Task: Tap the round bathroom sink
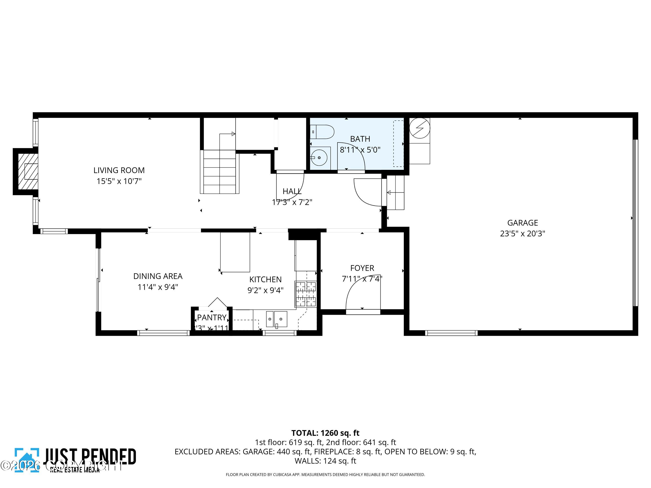point(319,158)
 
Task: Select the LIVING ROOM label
point(119,170)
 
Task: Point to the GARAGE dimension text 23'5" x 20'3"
point(522,234)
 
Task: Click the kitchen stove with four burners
point(306,294)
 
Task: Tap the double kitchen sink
point(276,319)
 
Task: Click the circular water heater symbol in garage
point(420,128)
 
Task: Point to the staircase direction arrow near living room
point(233,134)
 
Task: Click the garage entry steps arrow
point(389,192)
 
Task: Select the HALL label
point(292,192)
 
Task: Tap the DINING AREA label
point(158,276)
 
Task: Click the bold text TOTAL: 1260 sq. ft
point(325,433)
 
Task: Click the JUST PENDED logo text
point(90,457)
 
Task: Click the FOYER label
point(362,268)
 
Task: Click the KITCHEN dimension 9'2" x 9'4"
point(265,290)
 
